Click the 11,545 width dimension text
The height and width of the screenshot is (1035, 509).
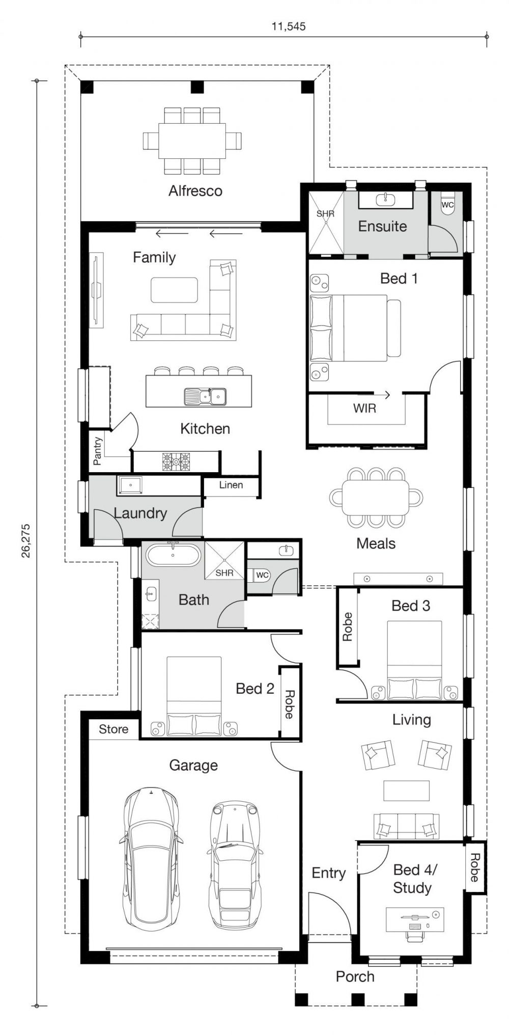(289, 26)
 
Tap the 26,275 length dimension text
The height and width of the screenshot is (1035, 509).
(25, 541)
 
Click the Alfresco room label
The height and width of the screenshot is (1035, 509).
(195, 191)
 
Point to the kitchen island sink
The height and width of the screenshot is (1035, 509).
(205, 396)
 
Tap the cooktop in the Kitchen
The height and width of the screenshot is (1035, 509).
(176, 461)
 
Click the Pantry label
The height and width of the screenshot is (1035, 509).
(98, 451)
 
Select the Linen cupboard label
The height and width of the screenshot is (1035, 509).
(231, 485)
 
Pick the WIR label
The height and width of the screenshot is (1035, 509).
(365, 408)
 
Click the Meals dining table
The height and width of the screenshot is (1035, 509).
(376, 497)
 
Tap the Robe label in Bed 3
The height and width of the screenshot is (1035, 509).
(348, 627)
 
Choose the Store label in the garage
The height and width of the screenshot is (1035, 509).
(114, 729)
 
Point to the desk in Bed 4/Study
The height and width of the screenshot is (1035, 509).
(414, 920)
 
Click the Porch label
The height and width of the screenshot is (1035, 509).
(355, 976)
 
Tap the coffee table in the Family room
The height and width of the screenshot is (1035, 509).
(174, 290)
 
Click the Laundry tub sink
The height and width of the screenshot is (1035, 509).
(130, 485)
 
